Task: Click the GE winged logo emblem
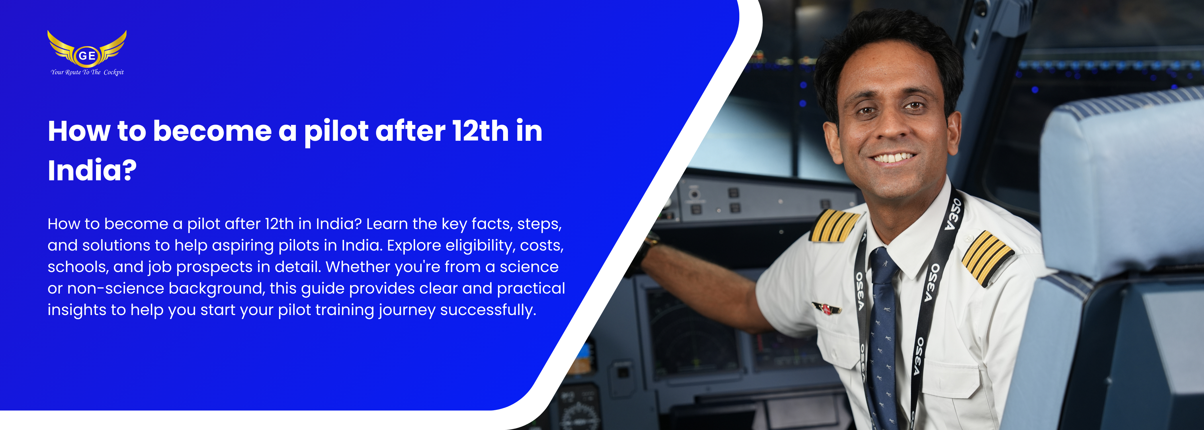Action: (x=87, y=49)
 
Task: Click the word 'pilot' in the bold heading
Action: (x=336, y=132)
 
